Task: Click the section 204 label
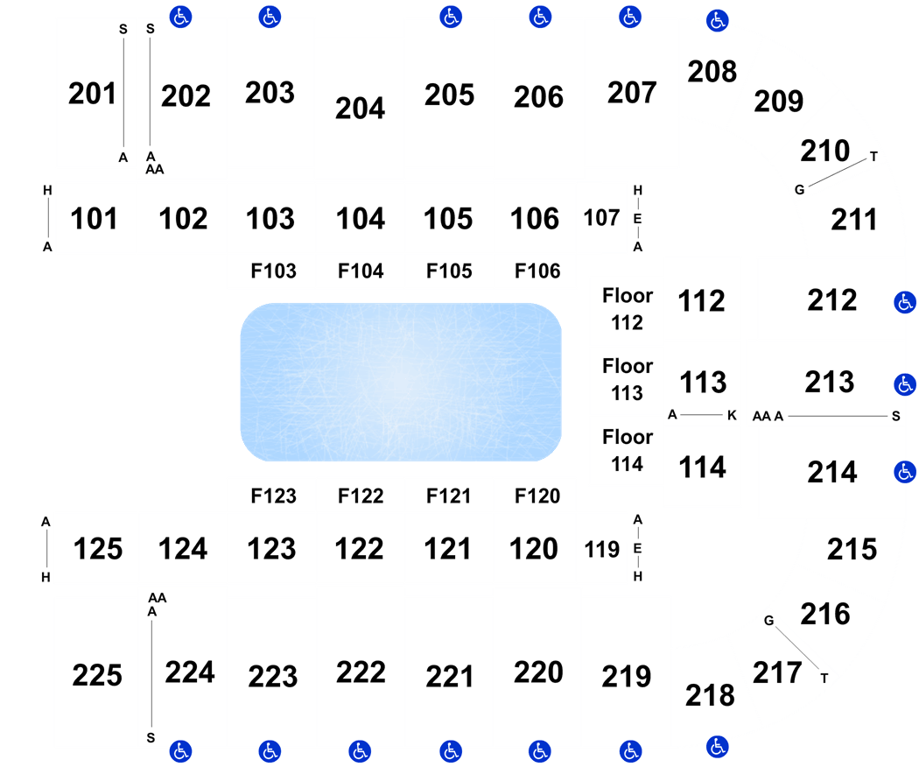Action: point(360,109)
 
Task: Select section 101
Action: point(94,219)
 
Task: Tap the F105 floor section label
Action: point(449,271)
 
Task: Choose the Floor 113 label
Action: point(628,379)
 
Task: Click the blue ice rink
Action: point(401,382)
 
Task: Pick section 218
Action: point(710,695)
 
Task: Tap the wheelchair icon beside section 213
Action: point(905,384)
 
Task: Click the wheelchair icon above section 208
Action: point(718,21)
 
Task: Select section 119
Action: point(602,550)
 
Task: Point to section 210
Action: point(825,151)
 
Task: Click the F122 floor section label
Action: point(361,496)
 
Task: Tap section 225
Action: point(97,675)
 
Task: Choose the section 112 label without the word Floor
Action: point(702,301)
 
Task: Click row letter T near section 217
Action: point(824,679)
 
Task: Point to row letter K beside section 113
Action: point(732,415)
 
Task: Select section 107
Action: point(601,218)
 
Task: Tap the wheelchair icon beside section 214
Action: point(905,472)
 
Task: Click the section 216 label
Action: point(825,614)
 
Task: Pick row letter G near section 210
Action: point(799,189)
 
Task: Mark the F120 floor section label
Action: point(537,496)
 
